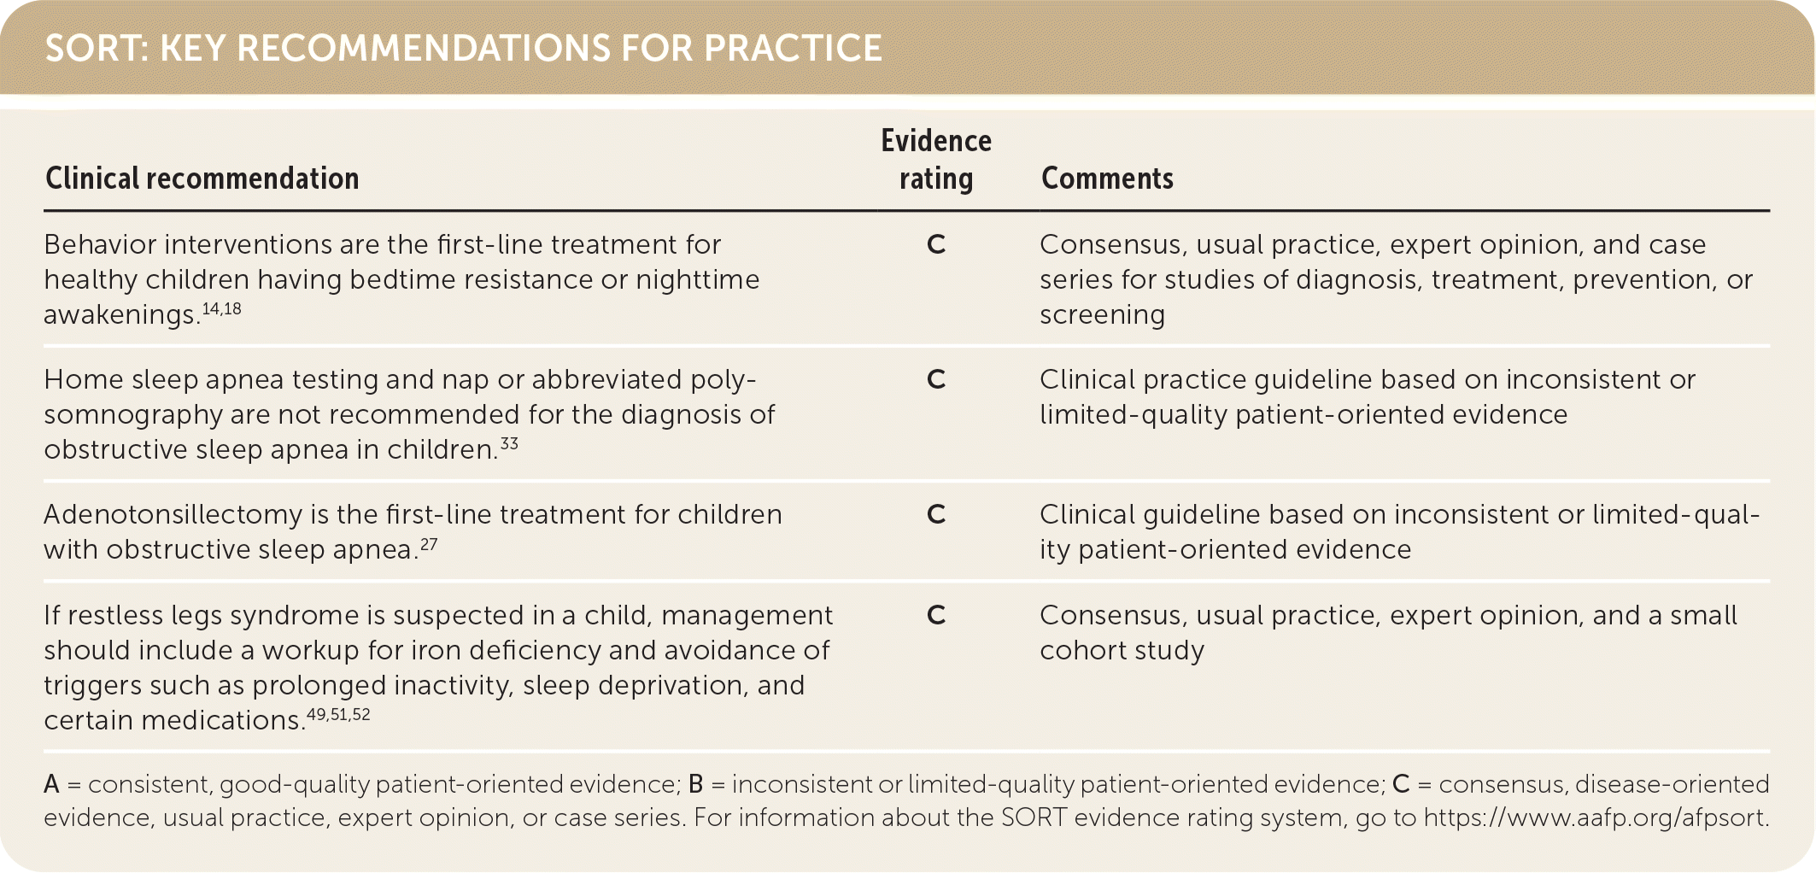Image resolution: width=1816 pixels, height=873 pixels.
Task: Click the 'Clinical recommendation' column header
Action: coord(202,179)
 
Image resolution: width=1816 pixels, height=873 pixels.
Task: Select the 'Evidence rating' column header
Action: coord(936,160)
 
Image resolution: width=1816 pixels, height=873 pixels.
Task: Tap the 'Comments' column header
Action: coord(1107,179)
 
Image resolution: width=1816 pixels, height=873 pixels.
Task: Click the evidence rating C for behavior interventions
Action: coord(936,245)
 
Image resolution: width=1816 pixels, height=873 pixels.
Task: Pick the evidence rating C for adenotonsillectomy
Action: coord(936,515)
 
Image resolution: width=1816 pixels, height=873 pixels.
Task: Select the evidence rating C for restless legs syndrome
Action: coord(936,616)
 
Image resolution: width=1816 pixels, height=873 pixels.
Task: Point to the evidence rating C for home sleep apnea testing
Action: coord(936,380)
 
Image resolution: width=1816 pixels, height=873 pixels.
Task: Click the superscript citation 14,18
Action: coord(222,308)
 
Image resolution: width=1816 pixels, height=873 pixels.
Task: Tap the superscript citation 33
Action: coord(509,443)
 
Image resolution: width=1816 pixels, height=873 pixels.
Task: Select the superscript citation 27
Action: coord(429,543)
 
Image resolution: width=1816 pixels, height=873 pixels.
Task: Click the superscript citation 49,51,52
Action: coord(338,714)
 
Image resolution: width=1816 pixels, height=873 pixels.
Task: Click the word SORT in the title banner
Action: coord(91,49)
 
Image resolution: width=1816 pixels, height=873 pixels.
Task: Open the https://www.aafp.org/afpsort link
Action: coord(1595,817)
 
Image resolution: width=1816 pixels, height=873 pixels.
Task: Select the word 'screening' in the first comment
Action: coord(1102,315)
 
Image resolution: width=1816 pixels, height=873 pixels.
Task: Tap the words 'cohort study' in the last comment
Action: coord(1122,651)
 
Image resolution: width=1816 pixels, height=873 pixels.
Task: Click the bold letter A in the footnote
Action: coord(52,784)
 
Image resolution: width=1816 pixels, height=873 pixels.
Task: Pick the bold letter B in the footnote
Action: coord(696,784)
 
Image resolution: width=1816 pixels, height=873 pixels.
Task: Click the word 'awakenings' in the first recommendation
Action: coord(120,315)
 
